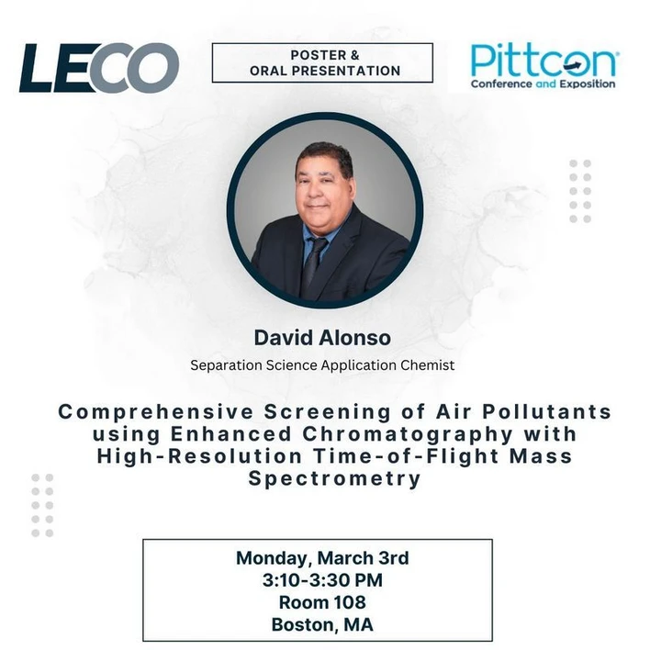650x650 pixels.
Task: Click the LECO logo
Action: [x=99, y=68]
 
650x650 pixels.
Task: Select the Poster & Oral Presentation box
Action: [x=322, y=62]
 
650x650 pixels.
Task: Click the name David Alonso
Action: [x=323, y=337]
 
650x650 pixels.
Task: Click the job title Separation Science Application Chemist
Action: [x=322, y=364]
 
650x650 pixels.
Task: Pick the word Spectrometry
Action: [x=324, y=478]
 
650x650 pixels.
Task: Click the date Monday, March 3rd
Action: [x=322, y=557]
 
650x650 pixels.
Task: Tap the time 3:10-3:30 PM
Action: [x=322, y=580]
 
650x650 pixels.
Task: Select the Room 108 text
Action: [x=322, y=602]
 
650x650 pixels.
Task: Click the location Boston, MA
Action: [x=322, y=625]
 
